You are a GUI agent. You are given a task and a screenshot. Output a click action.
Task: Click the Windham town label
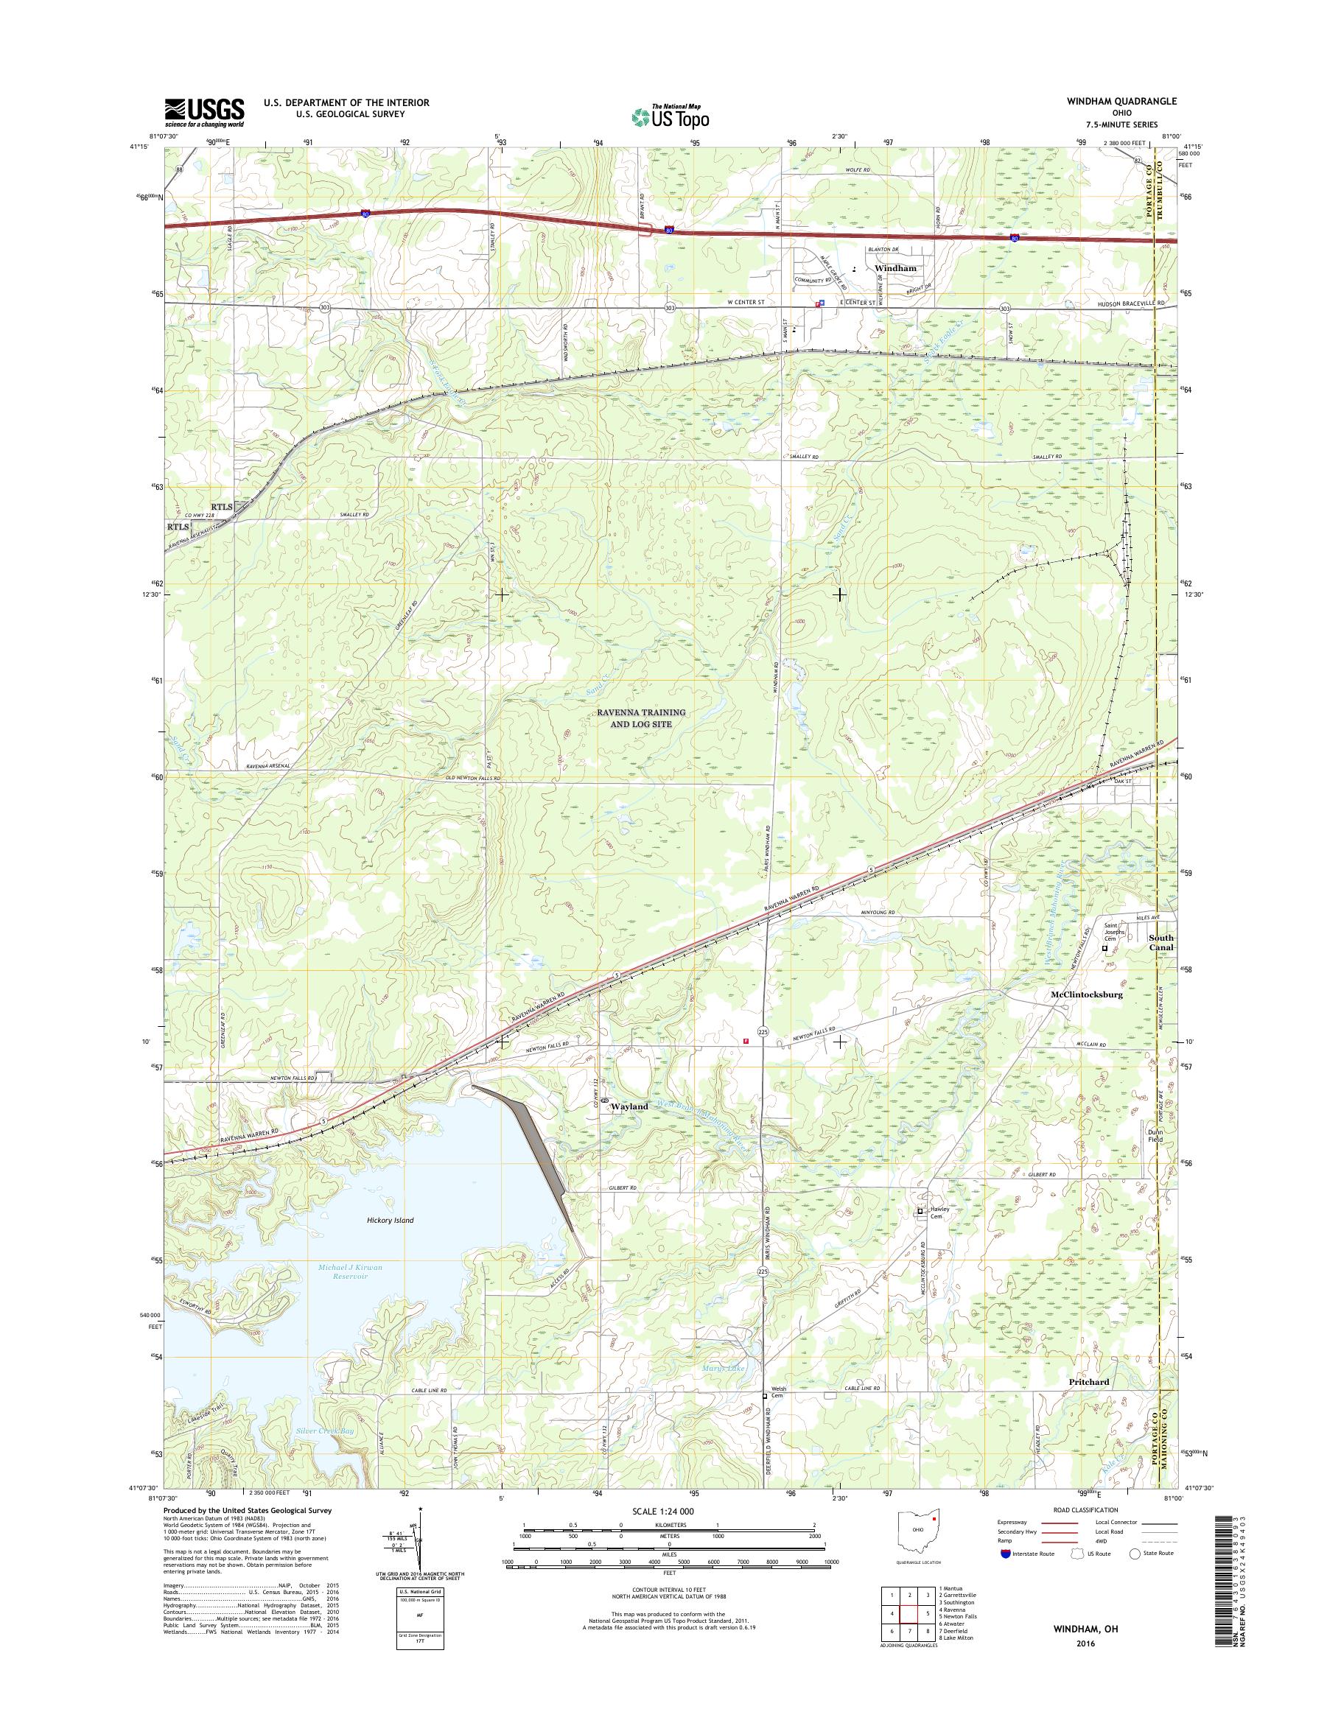[895, 267]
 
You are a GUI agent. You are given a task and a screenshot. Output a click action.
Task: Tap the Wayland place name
[630, 1106]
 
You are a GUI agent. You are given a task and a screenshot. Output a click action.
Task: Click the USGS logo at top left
[204, 112]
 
